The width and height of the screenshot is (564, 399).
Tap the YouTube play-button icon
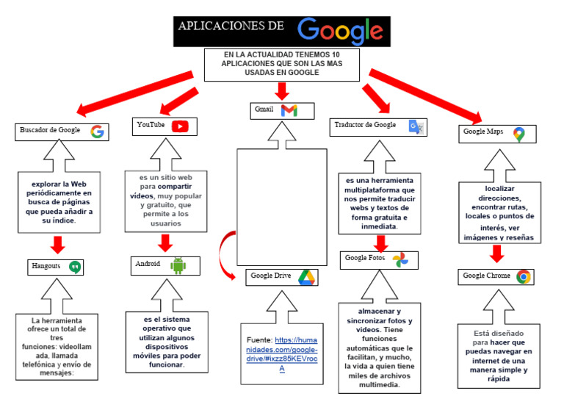[x=180, y=126]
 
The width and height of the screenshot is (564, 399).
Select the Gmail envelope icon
[x=289, y=111]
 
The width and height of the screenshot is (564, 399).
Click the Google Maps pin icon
[x=519, y=134]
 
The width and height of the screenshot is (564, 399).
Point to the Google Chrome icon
[x=524, y=277]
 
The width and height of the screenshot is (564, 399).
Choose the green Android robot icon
[x=178, y=265]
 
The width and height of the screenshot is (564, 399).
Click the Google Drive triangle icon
[x=306, y=277]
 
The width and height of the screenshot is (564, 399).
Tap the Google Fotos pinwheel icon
[x=399, y=259]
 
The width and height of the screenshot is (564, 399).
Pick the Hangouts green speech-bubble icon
[x=74, y=267]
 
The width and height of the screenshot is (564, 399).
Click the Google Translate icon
[x=416, y=126]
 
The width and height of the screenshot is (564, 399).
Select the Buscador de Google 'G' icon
[x=97, y=132]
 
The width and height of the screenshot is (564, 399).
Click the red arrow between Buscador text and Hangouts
[x=59, y=245]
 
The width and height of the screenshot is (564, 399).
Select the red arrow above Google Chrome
[x=497, y=254]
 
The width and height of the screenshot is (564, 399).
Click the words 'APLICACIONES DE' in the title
[x=230, y=27]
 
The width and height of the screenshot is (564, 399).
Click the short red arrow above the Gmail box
[x=282, y=91]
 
